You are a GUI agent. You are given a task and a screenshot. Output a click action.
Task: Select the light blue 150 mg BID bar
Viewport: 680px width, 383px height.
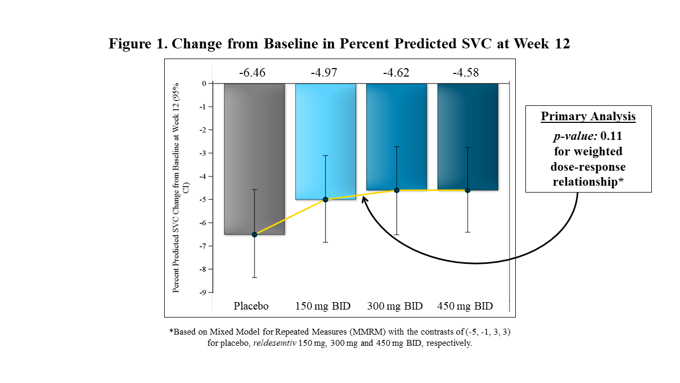[325, 141]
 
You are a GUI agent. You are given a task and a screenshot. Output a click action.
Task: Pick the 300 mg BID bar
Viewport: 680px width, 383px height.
[396, 136]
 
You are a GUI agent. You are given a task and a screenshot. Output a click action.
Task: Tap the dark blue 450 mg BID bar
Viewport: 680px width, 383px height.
[467, 136]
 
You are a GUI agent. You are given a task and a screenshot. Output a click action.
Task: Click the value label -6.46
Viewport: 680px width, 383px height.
[252, 72]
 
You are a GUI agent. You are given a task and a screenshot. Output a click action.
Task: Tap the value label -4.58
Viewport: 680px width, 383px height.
[466, 72]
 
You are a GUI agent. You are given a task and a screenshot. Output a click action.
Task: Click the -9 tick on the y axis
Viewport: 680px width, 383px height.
[203, 293]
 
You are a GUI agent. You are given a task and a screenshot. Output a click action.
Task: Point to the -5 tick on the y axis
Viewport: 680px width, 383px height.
[203, 199]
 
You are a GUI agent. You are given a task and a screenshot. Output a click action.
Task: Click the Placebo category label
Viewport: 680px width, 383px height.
[251, 306]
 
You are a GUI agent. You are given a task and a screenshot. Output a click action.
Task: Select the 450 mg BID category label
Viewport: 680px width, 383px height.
[465, 306]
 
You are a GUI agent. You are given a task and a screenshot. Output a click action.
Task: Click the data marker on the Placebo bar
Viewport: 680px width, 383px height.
[254, 235]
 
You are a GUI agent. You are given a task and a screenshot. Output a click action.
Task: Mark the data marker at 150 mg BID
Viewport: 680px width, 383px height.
[325, 199]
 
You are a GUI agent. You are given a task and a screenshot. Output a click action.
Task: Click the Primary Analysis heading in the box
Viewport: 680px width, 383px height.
[588, 116]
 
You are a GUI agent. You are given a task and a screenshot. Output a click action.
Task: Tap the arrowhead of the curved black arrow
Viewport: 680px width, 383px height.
[363, 198]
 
